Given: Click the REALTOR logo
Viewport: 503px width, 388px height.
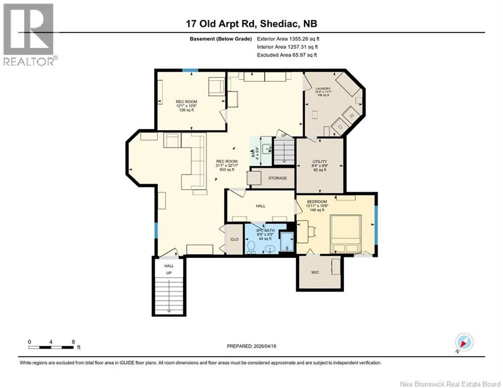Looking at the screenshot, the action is pyautogui.click(x=28, y=34).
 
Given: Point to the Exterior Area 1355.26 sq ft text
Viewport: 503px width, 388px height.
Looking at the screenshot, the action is pyautogui.click(x=288, y=39).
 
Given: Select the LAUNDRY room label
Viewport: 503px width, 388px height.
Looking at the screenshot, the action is pyautogui.click(x=323, y=88).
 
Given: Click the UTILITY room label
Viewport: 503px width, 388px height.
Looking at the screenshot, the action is pyautogui.click(x=320, y=162).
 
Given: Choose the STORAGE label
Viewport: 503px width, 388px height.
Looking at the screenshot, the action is pyautogui.click(x=278, y=178).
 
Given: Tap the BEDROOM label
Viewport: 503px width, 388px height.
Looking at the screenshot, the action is pyautogui.click(x=317, y=202).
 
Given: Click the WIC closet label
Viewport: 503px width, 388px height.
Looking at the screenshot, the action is pyautogui.click(x=315, y=272).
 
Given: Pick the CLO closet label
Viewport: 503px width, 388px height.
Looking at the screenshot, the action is pyautogui.click(x=235, y=239).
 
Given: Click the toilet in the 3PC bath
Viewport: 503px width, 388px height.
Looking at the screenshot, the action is pyautogui.click(x=251, y=247).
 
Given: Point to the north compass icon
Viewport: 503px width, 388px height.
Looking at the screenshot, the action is pyautogui.click(x=464, y=342).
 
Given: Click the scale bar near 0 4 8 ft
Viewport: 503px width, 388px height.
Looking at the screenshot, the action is pyautogui.click(x=51, y=347).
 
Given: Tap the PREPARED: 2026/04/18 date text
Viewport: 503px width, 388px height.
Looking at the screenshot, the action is pyautogui.click(x=252, y=346).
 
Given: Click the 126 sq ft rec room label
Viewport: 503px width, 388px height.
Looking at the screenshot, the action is pyautogui.click(x=187, y=110).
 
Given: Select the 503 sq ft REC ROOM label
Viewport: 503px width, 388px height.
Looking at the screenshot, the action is pyautogui.click(x=227, y=170).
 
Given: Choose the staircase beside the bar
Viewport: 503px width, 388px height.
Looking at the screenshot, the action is pyautogui.click(x=284, y=151).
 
